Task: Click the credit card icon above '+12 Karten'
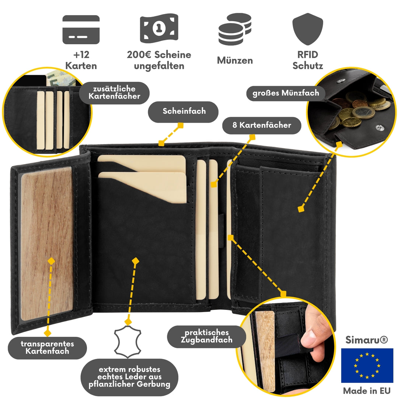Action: coord(81,29)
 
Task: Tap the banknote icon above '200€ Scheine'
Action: coord(159,28)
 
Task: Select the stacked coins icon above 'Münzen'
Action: coord(235,29)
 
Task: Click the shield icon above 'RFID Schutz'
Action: coord(308,29)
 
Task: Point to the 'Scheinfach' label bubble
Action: coord(183,112)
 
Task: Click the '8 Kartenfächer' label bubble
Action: coord(262,125)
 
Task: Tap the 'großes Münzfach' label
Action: coord(286,93)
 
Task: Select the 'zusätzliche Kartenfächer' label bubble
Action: coord(115,92)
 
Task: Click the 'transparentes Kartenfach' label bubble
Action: coord(48,348)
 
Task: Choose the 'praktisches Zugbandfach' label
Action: coord(207,336)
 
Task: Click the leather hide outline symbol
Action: coord(128,342)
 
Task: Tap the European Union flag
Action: coord(367,366)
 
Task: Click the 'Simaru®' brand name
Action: coord(367,340)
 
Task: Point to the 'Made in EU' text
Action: coord(367,391)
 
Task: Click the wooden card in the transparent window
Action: coord(47,244)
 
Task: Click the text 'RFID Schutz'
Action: coord(308,60)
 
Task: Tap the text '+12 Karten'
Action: coord(81,60)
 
